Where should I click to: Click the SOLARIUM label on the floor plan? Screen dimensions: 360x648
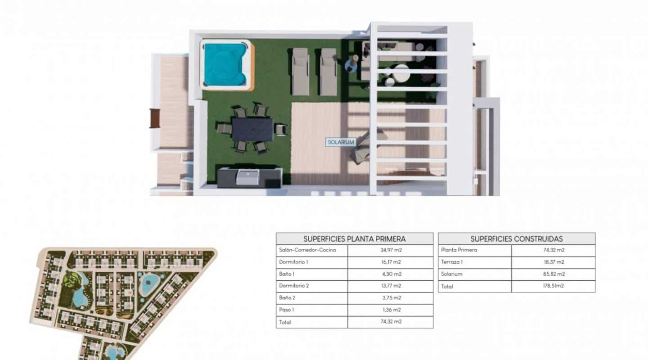click(341, 142)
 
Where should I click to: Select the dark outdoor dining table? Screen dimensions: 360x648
click(252, 129)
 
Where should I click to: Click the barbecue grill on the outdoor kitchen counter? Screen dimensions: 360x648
click(247, 177)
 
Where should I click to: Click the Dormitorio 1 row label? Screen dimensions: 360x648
click(294, 262)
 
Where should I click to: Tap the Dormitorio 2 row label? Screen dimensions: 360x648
click(294, 286)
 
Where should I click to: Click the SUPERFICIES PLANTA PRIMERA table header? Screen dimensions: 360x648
click(355, 239)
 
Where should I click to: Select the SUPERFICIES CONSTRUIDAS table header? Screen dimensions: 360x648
click(517, 239)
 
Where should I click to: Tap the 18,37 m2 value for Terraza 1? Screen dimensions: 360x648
click(553, 262)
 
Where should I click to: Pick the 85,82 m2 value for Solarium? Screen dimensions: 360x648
click(553, 274)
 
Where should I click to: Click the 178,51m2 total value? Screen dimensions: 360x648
click(553, 286)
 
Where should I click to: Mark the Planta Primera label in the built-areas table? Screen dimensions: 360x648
click(459, 250)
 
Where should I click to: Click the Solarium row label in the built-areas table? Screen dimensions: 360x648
click(452, 274)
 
